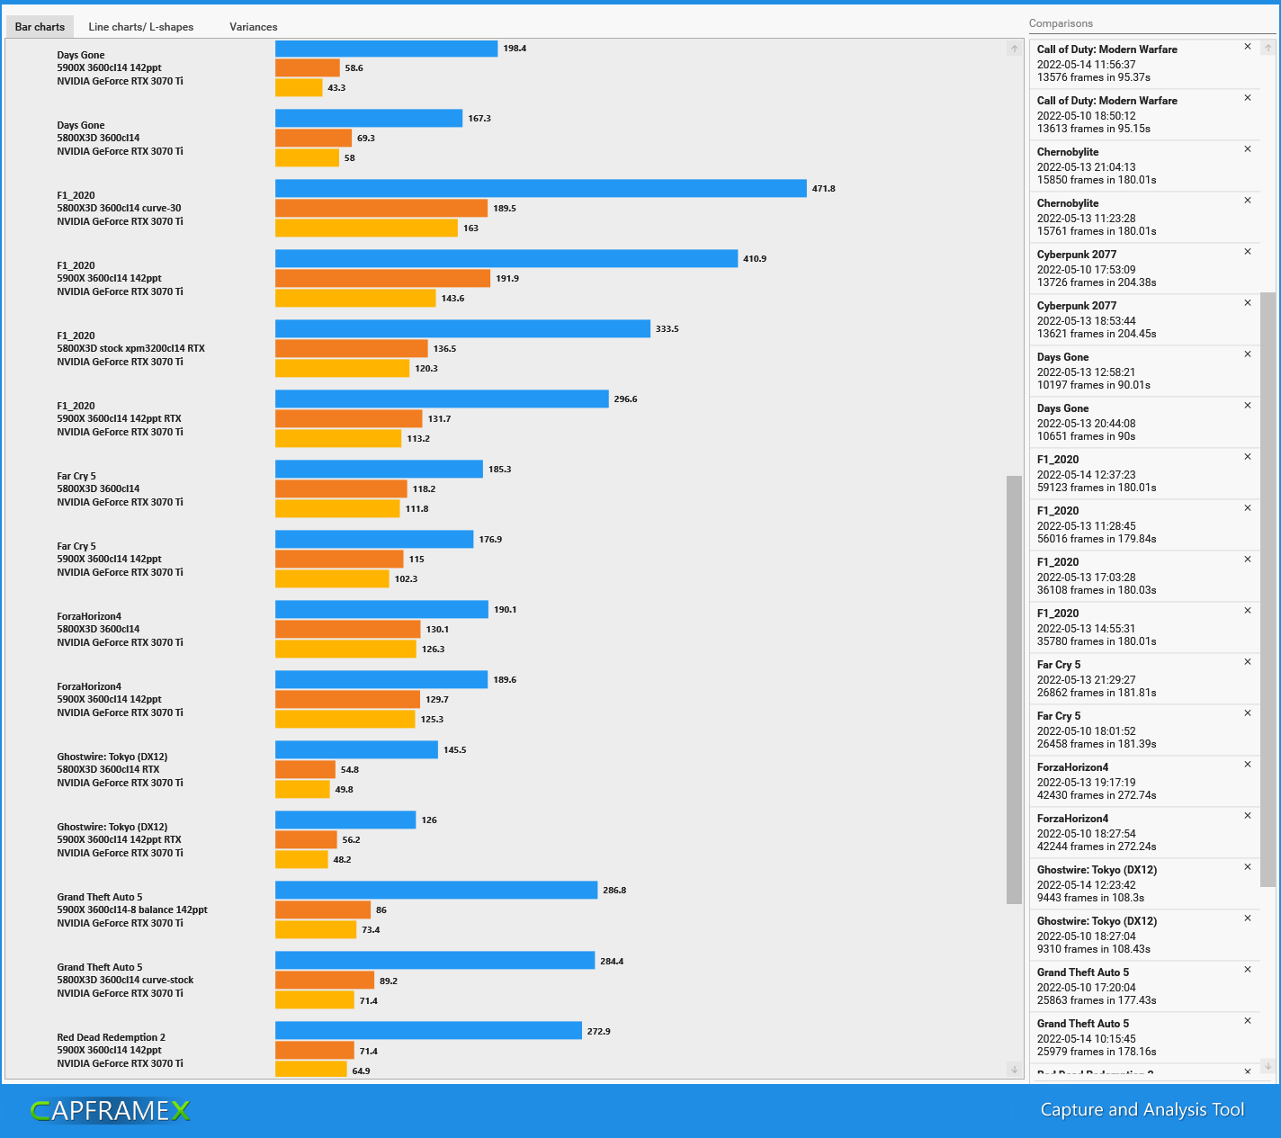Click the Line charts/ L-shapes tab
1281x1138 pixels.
[x=140, y=27]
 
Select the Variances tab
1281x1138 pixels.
[x=253, y=27]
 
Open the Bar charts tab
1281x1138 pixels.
[x=40, y=27]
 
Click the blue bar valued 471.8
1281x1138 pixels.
[x=540, y=188]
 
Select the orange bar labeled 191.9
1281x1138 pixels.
[x=382, y=278]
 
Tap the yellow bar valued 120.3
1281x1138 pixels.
[x=342, y=368]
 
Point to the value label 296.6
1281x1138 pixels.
[x=625, y=399]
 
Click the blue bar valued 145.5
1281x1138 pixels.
[x=356, y=749]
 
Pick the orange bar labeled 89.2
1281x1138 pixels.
[x=324, y=980]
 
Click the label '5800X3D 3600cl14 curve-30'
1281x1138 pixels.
[x=119, y=208]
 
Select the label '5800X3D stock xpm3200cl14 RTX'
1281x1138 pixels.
[x=130, y=348]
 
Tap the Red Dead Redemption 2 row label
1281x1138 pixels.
[x=111, y=1037]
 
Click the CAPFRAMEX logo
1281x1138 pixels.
[x=110, y=1111]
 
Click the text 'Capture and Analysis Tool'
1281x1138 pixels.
[x=1142, y=1109]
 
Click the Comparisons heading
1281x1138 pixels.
[x=1061, y=23]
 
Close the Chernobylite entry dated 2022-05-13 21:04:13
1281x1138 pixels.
[x=1247, y=149]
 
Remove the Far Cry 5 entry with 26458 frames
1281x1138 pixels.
[x=1247, y=713]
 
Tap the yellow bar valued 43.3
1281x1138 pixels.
[x=298, y=87]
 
